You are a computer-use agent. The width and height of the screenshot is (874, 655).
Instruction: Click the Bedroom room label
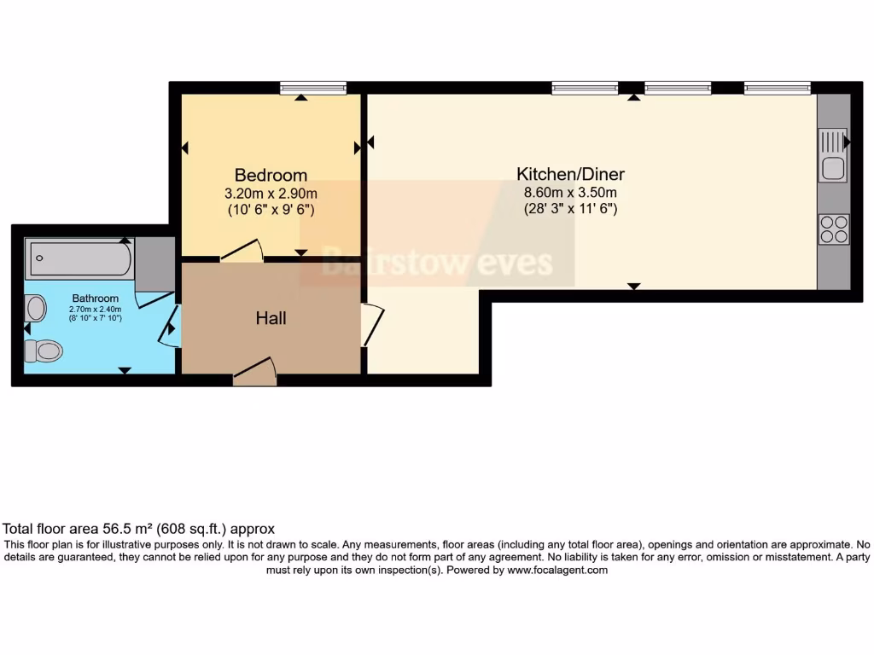coord(271,176)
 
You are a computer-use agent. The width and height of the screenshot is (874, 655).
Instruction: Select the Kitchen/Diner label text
coord(570,174)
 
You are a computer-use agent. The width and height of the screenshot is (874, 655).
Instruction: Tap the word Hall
coord(271,319)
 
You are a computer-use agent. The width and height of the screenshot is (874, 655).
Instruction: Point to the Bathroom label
coord(95,299)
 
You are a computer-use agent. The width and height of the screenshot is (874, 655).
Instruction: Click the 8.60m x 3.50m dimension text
coord(570,192)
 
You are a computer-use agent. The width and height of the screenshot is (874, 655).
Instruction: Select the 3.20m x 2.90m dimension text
coord(271,194)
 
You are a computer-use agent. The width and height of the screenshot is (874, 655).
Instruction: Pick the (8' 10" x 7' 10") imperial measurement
coord(95,318)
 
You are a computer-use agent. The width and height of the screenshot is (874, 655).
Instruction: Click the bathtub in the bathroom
coord(79,258)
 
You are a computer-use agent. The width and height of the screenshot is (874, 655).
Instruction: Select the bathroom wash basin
coord(36,306)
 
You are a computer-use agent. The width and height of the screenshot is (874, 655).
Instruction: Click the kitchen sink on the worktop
coord(833,154)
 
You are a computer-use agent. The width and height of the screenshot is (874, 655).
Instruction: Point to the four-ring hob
coord(833,228)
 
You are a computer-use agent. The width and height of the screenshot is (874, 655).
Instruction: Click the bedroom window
coord(313,87)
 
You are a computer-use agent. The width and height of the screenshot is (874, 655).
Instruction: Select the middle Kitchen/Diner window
coord(678,87)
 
